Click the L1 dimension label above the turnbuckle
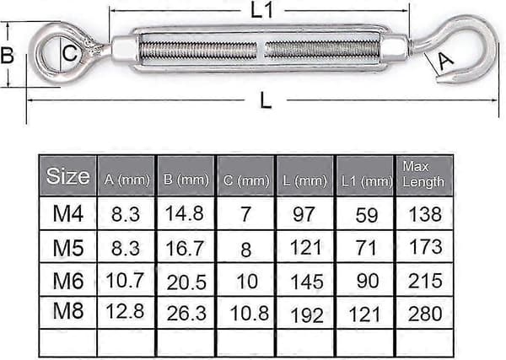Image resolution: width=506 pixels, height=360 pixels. click(261, 11)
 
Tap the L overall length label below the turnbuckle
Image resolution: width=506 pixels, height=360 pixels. click(266, 100)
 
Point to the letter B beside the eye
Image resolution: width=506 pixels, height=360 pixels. click(7, 55)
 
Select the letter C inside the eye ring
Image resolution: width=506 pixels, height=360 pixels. click(69, 53)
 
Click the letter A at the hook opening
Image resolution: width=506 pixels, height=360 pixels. click(445, 61)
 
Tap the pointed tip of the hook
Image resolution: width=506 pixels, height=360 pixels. click(438, 77)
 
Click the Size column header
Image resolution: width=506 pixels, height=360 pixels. click(67, 176)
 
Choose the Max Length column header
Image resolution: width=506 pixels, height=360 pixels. click(423, 175)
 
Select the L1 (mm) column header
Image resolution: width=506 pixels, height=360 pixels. click(367, 181)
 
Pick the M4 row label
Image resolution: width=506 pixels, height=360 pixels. click(68, 213)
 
